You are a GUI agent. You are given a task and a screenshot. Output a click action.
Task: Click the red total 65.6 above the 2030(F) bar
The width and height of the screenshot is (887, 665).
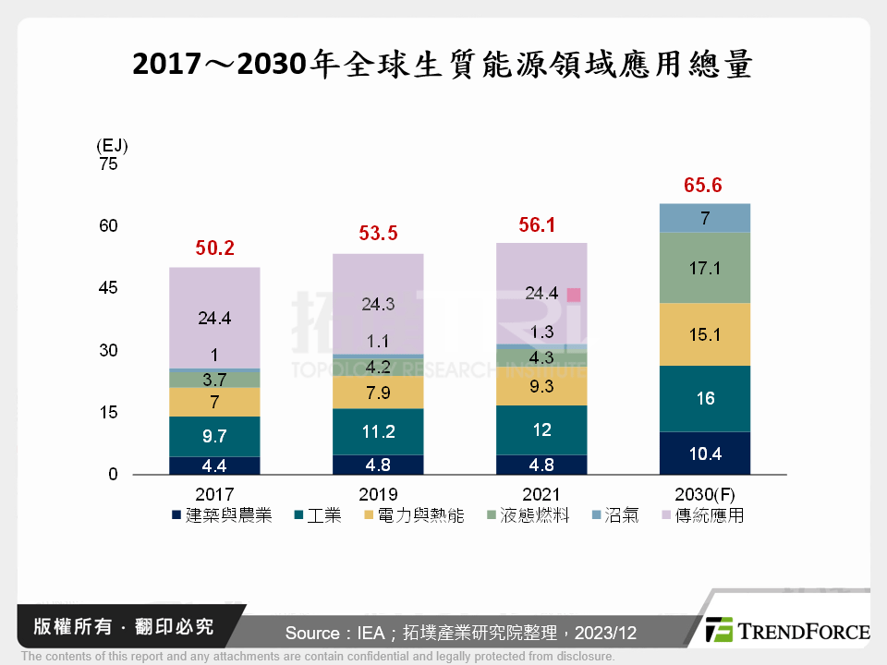pos(702,186)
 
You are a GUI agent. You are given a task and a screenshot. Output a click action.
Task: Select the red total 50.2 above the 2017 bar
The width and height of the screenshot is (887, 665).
pos(213,248)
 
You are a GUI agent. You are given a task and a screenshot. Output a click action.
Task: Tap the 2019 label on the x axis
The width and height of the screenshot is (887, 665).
pos(378,494)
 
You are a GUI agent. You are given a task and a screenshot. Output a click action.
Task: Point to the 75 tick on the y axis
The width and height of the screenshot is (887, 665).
pos(108,164)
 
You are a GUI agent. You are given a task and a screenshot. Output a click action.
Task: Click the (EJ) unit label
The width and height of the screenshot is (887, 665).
pos(111,146)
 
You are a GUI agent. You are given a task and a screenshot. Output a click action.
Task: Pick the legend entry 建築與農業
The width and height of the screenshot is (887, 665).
pos(222,515)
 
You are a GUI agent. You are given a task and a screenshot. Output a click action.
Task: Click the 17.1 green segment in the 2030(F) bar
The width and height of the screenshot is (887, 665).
pos(704,268)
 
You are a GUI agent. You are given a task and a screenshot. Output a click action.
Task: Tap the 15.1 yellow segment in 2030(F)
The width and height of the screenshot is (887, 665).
pos(704,334)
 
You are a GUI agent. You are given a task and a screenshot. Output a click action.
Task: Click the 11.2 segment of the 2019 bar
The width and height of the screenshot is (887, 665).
pos(378,431)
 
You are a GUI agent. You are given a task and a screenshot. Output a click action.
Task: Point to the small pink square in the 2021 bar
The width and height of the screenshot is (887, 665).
pos(574,295)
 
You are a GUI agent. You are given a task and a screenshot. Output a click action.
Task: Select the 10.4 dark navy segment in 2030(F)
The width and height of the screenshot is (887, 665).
pos(704,453)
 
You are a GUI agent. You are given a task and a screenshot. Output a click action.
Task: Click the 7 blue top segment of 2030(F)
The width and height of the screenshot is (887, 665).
pos(704,218)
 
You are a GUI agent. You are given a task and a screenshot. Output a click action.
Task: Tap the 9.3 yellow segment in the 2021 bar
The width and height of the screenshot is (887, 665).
pos(541,387)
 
